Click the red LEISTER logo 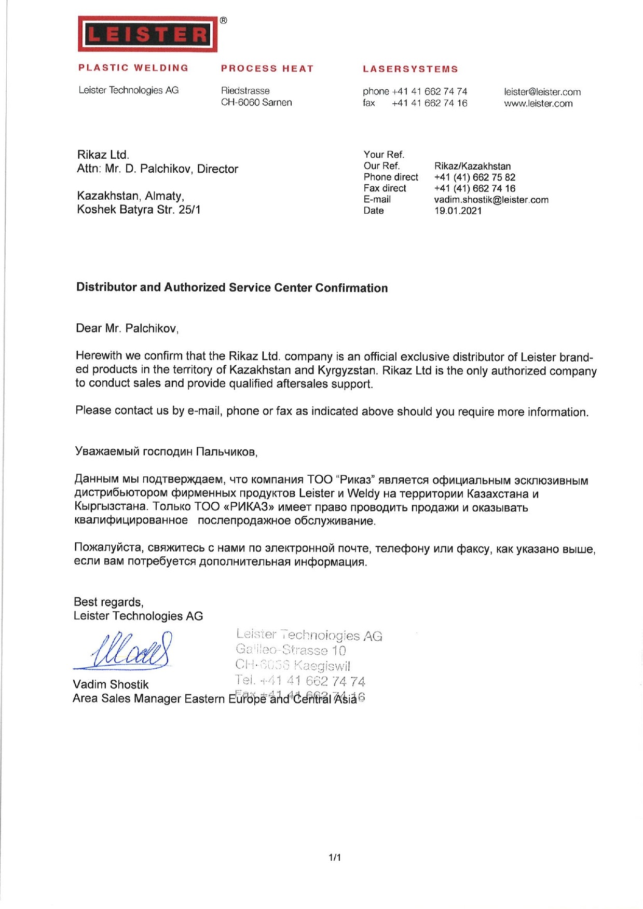(147, 34)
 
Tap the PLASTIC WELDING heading (133, 68)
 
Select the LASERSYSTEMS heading (411, 69)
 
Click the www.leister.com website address (538, 103)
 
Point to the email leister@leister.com (542, 92)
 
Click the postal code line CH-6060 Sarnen (256, 102)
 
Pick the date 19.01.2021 (458, 211)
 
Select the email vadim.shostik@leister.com (491, 200)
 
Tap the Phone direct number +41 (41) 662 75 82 (474, 177)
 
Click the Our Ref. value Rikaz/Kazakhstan (472, 166)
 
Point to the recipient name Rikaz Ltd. (103, 155)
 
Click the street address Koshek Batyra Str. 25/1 (139, 210)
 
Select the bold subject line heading (232, 287)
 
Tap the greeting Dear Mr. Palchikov (127, 328)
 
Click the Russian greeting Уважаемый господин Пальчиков (166, 451)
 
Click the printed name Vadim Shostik (111, 684)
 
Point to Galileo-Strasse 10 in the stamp (291, 650)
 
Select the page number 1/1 (335, 858)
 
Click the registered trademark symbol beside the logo (223, 21)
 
